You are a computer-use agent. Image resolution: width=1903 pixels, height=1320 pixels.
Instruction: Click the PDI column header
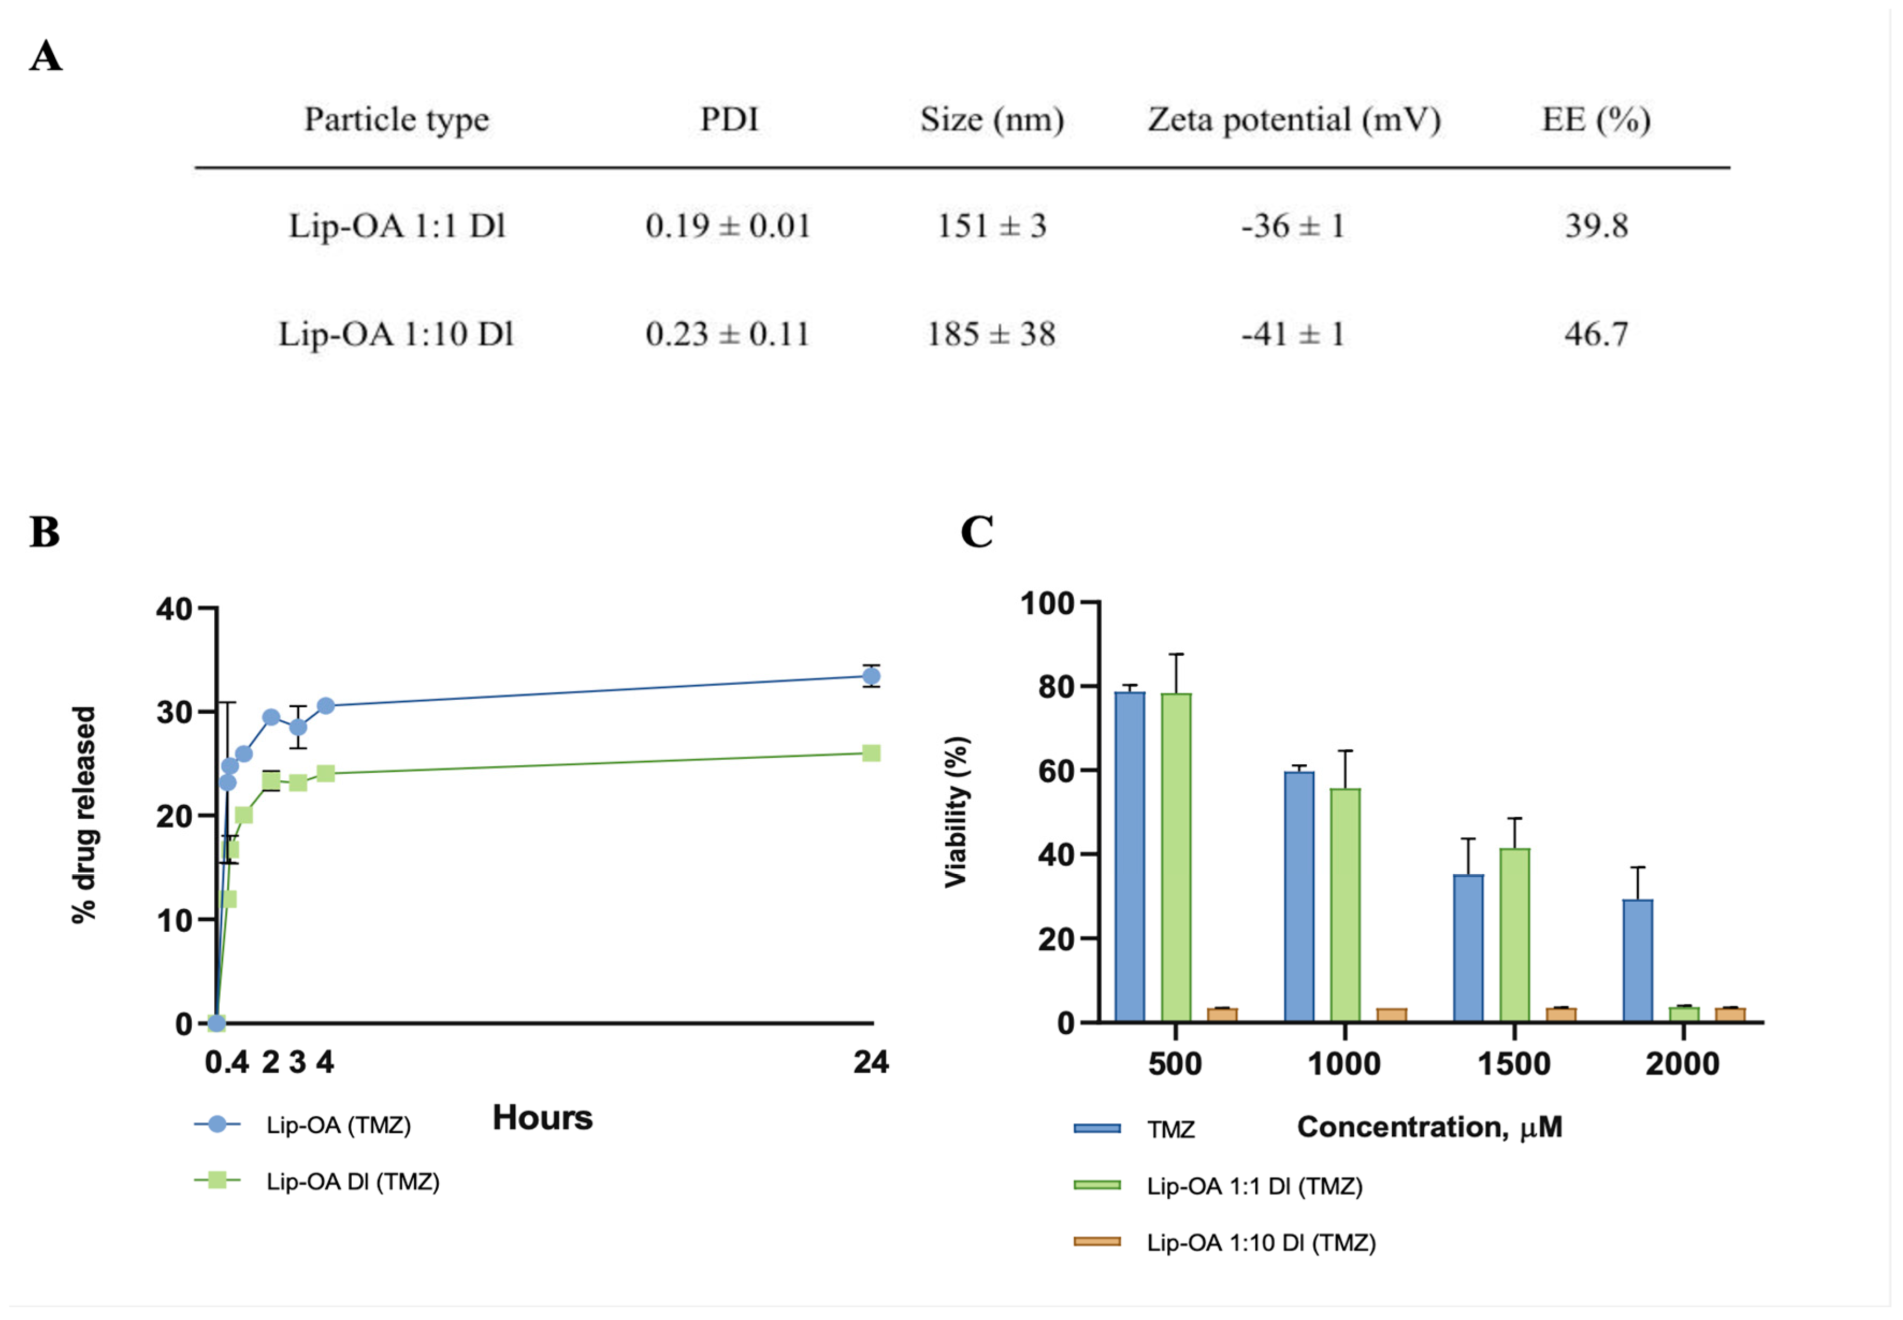[729, 119]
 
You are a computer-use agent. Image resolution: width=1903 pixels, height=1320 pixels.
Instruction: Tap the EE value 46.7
[1595, 334]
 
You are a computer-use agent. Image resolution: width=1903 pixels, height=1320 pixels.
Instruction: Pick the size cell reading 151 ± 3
[991, 226]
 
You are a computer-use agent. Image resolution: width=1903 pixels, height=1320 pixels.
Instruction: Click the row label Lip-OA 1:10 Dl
[396, 334]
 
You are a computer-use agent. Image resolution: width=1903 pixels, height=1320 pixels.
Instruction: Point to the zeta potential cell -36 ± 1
[1293, 226]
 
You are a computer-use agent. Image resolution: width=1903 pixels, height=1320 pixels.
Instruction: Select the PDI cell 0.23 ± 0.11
[727, 334]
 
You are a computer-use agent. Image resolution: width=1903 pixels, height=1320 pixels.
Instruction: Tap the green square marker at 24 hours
[871, 752]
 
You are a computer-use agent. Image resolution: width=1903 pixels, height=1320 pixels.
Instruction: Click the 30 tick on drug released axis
[175, 712]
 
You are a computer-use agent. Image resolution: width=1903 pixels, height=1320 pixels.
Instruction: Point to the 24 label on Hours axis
[871, 1062]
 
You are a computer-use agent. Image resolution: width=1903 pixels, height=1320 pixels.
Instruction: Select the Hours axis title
[542, 1118]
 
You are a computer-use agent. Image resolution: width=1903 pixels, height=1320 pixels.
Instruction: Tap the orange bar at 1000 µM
[1391, 1015]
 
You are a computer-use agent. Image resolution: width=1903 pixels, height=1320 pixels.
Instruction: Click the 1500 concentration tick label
[1514, 1064]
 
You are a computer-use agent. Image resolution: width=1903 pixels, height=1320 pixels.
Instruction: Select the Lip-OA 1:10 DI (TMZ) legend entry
[1261, 1243]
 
